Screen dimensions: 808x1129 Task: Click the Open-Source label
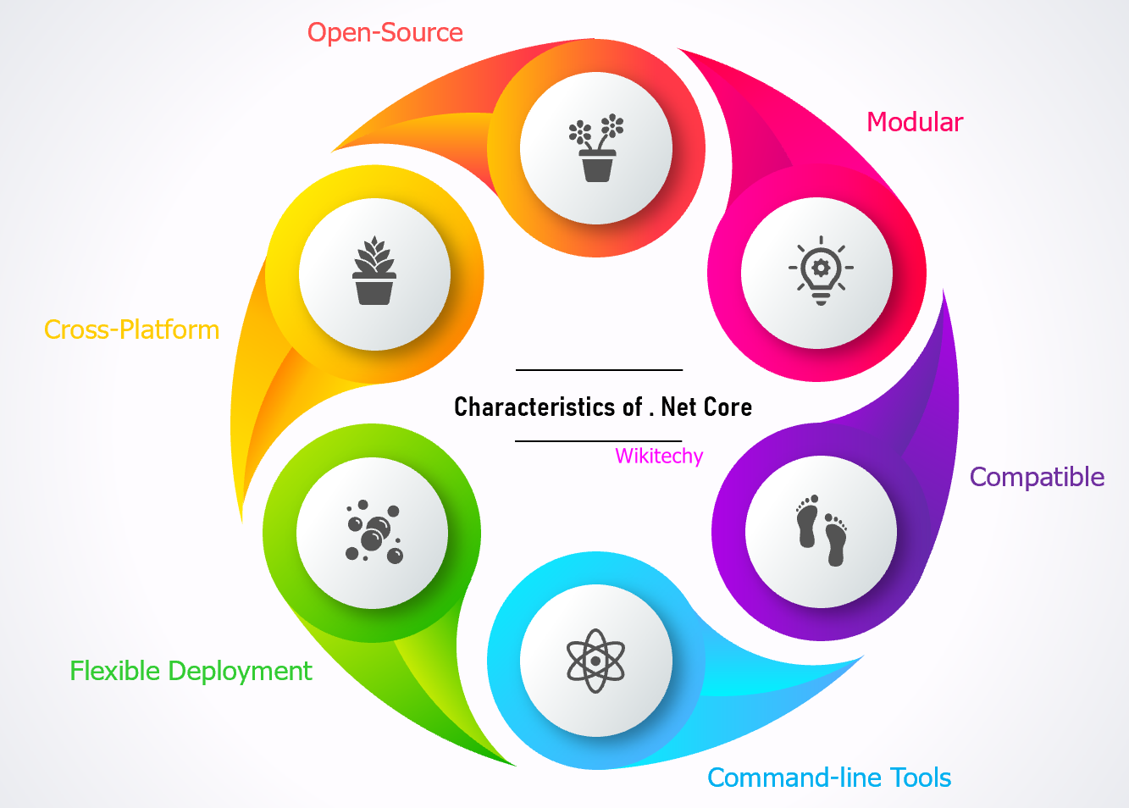(x=385, y=33)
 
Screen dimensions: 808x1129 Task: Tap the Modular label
(x=915, y=123)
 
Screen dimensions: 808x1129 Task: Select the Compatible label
(x=1037, y=477)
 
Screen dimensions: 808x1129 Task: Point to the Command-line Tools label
(x=829, y=778)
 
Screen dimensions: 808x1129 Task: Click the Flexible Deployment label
(x=191, y=671)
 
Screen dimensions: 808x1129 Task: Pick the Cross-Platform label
(x=131, y=329)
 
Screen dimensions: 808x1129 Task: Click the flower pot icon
(x=596, y=148)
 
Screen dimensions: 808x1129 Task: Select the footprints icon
(x=821, y=531)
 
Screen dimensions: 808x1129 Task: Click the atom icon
(x=595, y=661)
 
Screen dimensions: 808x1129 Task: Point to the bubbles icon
(x=374, y=532)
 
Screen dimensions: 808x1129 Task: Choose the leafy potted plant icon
(x=374, y=273)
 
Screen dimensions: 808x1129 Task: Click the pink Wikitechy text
(x=659, y=457)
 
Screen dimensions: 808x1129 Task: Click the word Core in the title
(x=730, y=407)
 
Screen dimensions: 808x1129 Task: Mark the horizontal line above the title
(x=599, y=370)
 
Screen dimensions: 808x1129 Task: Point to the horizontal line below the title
(x=599, y=441)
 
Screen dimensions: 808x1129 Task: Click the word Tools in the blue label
(x=920, y=778)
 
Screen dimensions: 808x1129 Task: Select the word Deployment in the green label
(x=240, y=672)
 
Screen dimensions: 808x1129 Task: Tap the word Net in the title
(x=678, y=407)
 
